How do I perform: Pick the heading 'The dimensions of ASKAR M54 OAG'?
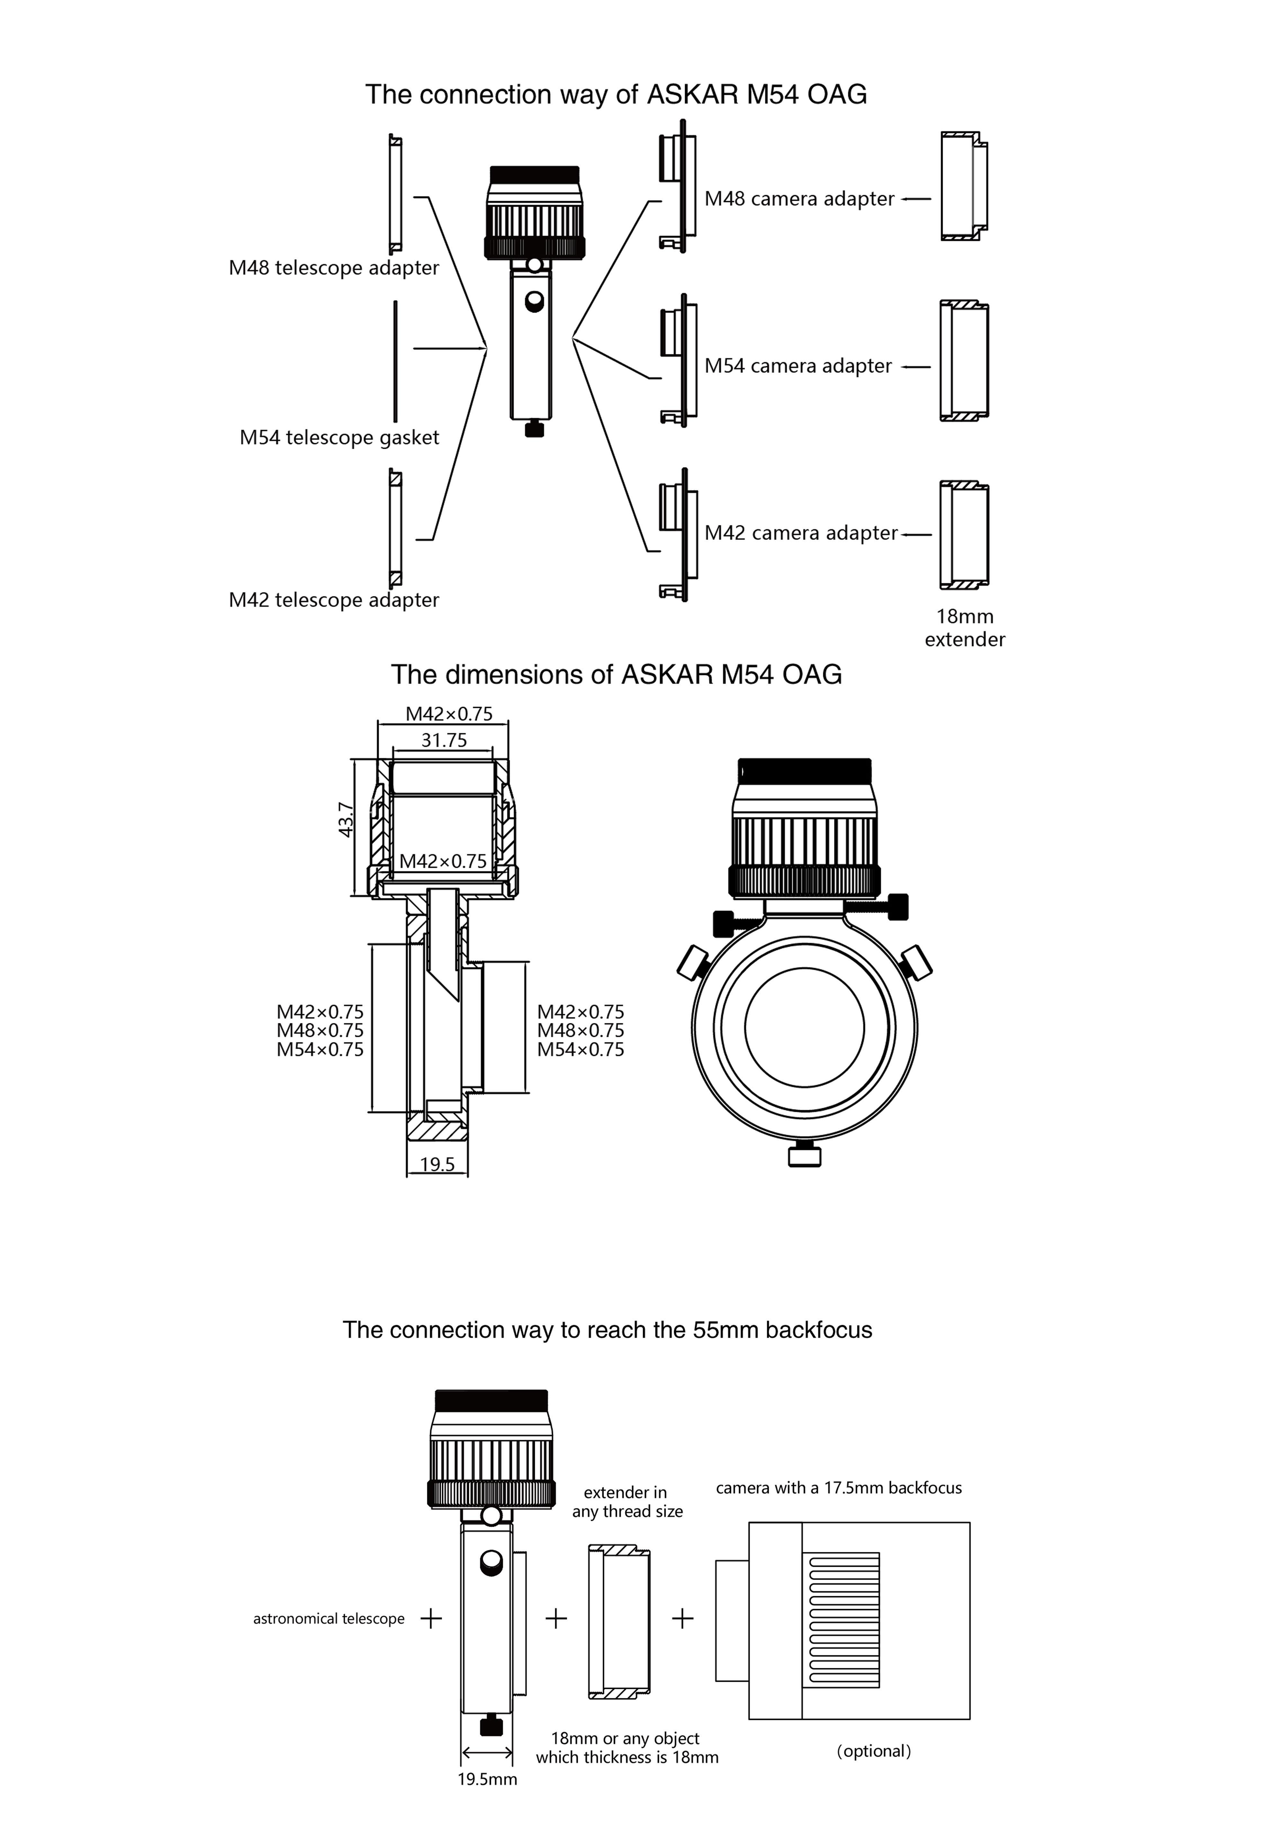616,675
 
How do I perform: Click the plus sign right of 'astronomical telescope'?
432,1619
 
